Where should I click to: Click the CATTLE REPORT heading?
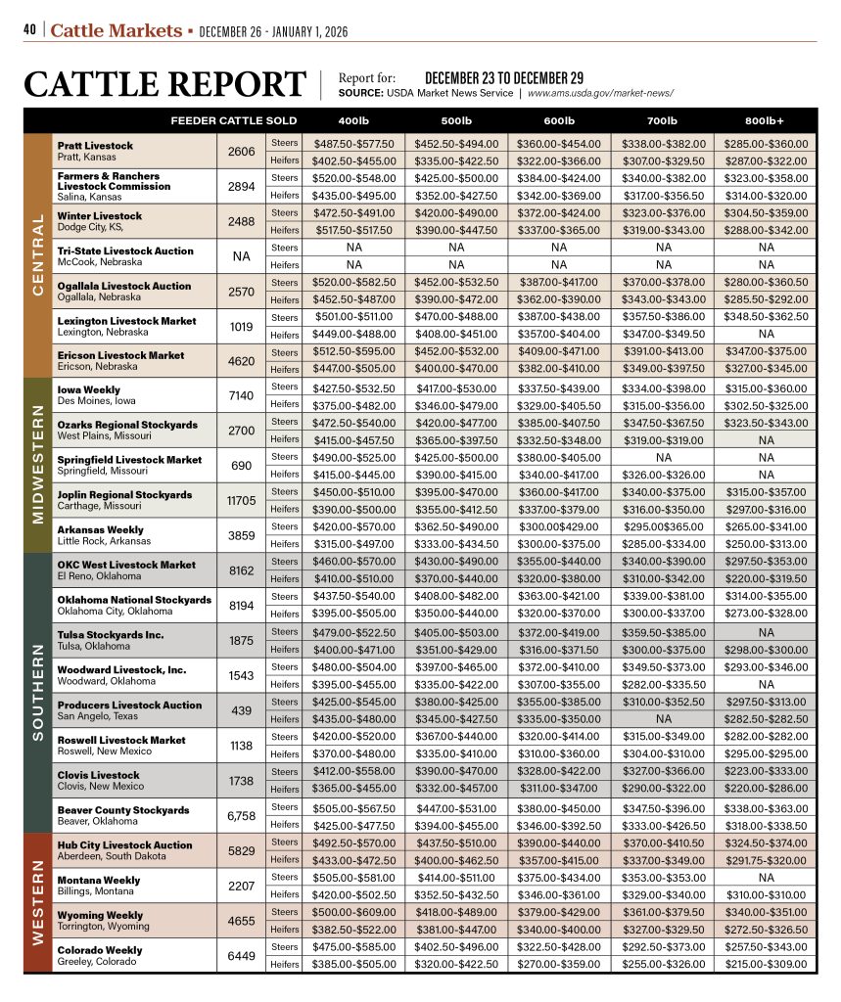coord(164,84)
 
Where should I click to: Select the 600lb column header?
coord(558,120)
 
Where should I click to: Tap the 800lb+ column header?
coord(765,120)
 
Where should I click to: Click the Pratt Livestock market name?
coord(95,146)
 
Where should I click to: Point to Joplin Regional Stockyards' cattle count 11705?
coord(241,501)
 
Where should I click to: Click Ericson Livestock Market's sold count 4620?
coord(241,360)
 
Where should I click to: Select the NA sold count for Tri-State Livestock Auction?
coord(241,255)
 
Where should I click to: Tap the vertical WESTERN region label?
coord(40,903)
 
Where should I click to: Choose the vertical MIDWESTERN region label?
coord(40,466)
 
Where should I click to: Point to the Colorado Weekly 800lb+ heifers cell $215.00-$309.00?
coord(765,964)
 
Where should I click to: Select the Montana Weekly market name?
coord(99,881)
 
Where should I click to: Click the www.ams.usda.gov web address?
coord(600,93)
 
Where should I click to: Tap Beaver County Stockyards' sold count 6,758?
coord(241,816)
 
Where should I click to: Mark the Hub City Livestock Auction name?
coord(125,845)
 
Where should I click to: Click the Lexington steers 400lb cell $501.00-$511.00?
coord(353,317)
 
